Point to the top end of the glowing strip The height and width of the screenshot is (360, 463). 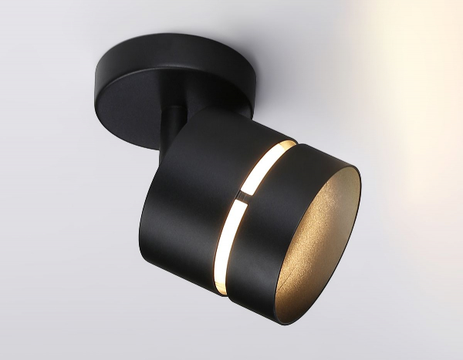[x=289, y=144]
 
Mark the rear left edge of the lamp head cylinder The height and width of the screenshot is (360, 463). [x=142, y=231]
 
